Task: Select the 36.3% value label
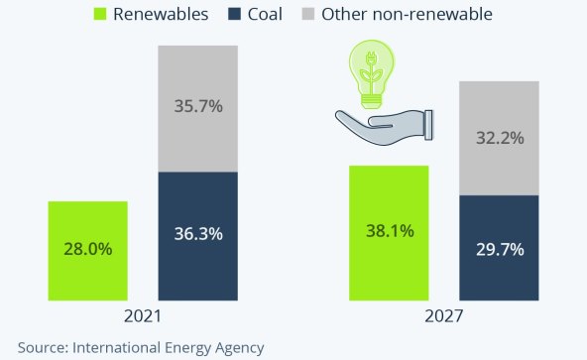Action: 198,235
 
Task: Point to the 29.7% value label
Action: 499,247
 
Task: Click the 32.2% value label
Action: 499,138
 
